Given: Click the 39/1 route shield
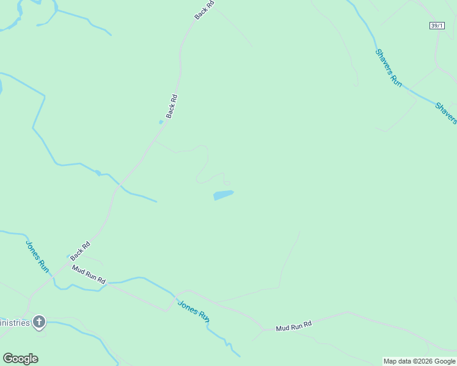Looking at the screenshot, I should coord(436,25).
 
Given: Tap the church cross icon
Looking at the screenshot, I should coord(39,321).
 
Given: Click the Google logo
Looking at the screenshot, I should coord(20,359).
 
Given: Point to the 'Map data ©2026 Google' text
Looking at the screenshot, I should coord(419,361).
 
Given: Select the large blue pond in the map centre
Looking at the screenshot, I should coord(223,195).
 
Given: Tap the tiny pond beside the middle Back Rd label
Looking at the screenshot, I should coord(161,122).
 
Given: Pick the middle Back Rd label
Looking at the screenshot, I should coord(172,106).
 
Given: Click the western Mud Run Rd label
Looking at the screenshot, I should coord(89,274).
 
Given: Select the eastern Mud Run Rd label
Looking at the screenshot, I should coord(293,326).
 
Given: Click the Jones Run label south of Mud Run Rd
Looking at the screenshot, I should coord(194,311).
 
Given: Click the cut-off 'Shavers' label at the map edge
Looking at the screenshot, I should coord(446,113).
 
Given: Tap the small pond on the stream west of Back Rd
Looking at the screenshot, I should coord(98,173).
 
